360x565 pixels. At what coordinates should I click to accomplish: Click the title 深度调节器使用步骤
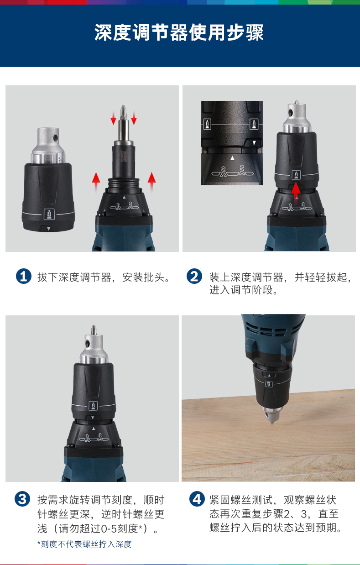point(179,32)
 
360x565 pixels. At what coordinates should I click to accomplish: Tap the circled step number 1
point(23,276)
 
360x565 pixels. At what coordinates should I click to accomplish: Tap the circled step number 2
point(194,276)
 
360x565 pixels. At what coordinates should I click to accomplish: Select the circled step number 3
point(22,499)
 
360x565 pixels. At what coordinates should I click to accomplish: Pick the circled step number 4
point(197,499)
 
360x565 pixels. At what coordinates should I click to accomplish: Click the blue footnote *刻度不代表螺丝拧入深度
point(84,544)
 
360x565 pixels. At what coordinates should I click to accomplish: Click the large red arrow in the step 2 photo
point(296,192)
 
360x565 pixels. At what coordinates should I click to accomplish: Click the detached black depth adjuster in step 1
point(48,180)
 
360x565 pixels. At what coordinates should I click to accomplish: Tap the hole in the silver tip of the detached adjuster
point(55,138)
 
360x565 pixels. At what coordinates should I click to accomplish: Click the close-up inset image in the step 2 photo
point(232,143)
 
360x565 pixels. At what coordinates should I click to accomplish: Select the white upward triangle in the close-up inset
point(232,158)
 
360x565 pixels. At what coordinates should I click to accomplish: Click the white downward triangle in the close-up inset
point(254,143)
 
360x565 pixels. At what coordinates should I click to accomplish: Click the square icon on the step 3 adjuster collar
point(93,406)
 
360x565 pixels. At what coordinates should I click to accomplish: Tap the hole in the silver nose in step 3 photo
point(88,344)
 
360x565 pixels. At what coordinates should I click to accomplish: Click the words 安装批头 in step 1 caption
point(143,277)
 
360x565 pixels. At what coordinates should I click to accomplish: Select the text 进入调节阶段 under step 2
point(241,290)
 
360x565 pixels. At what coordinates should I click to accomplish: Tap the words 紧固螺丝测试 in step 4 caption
point(241,500)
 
